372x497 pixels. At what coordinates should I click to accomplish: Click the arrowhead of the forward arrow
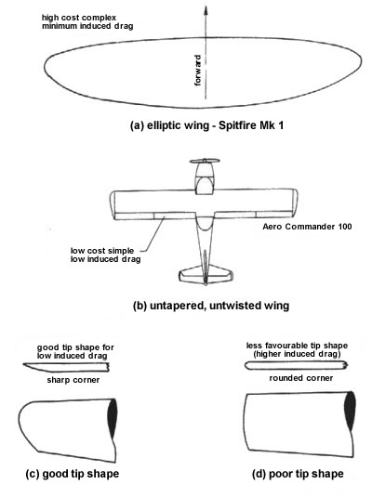pos(206,10)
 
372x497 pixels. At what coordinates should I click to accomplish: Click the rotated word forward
pos(197,70)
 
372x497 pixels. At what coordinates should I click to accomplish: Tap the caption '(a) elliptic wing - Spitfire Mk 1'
pos(206,125)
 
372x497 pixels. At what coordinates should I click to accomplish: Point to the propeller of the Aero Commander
pos(205,161)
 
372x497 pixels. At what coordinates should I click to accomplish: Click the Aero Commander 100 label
pos(307,227)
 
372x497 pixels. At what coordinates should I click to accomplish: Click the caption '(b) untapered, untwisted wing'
pos(211,306)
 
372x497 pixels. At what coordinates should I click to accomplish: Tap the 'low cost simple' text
pos(102,251)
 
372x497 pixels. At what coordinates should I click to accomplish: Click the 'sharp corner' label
pos(73,380)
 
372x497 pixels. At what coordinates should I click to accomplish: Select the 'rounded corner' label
pos(301,378)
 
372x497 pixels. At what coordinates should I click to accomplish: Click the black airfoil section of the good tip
pos(113,418)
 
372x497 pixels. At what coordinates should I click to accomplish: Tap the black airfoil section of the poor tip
pos(350,412)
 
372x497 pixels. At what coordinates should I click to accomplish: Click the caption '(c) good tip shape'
pos(73,474)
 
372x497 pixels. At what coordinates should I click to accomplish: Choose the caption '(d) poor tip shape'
pos(298,474)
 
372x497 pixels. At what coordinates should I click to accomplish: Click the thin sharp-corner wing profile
pos(66,367)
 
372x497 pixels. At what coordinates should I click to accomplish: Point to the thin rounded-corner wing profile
pos(296,365)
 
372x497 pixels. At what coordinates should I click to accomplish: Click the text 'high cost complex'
pos(79,18)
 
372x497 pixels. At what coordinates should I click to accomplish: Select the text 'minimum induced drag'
pos(87,26)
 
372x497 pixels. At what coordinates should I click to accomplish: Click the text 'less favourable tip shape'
pos(297,346)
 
